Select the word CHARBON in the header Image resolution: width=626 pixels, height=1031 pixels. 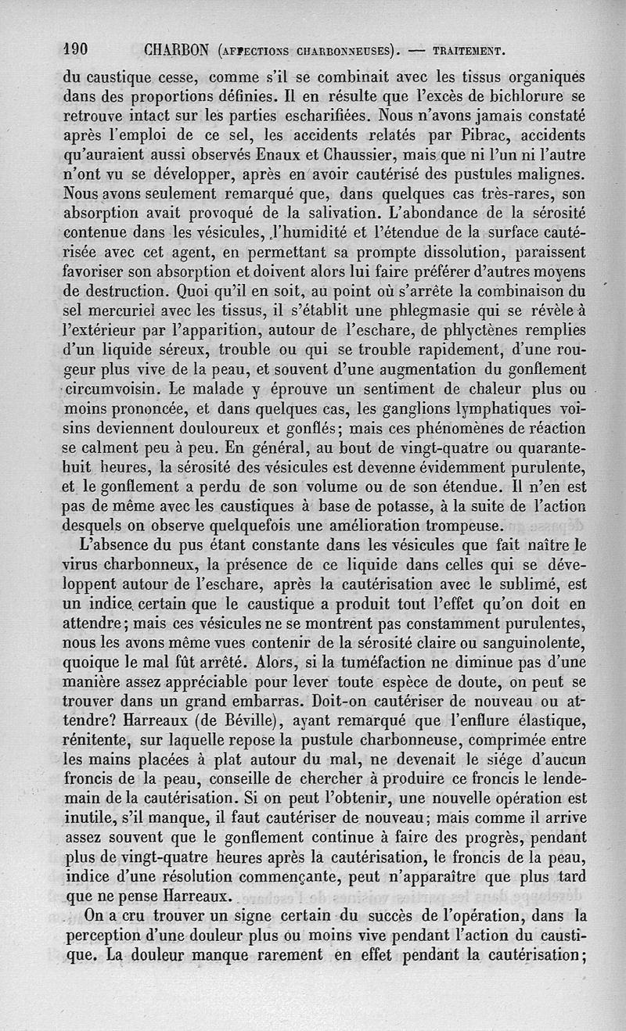coord(175,52)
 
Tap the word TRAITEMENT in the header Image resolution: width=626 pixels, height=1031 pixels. coord(469,53)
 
